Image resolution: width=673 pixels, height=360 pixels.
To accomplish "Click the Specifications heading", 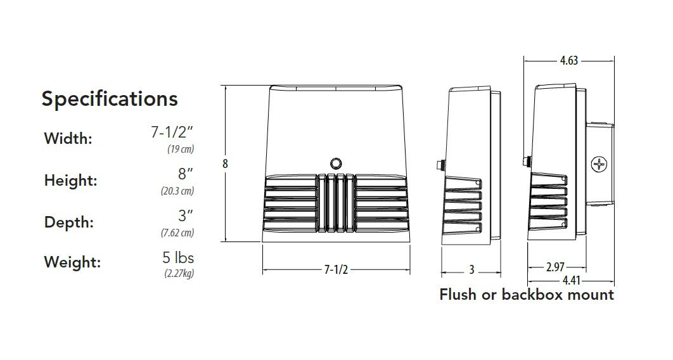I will (x=110, y=99).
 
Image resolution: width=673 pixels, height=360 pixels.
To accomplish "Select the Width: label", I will (x=68, y=139).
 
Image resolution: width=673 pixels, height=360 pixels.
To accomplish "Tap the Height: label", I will (x=70, y=181).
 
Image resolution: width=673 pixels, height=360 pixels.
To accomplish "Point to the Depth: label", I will (x=68, y=222).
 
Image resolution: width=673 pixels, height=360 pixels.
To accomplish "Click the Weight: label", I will (x=72, y=262).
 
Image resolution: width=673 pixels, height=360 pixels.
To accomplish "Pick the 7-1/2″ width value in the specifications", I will (x=172, y=132).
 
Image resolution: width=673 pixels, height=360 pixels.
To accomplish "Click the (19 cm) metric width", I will (x=180, y=150).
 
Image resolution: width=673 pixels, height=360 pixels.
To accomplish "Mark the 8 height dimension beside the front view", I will (x=225, y=164).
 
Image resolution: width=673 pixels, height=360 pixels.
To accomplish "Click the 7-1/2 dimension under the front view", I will (x=336, y=270).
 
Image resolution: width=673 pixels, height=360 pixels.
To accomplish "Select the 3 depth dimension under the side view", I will (x=471, y=270).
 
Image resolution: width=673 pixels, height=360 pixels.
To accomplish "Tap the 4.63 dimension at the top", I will (x=568, y=61).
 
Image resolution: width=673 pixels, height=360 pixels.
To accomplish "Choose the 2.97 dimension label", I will (x=554, y=267).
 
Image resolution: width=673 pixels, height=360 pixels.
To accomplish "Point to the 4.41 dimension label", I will (x=570, y=281).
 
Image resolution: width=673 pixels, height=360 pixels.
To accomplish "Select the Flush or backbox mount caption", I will (x=527, y=295).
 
